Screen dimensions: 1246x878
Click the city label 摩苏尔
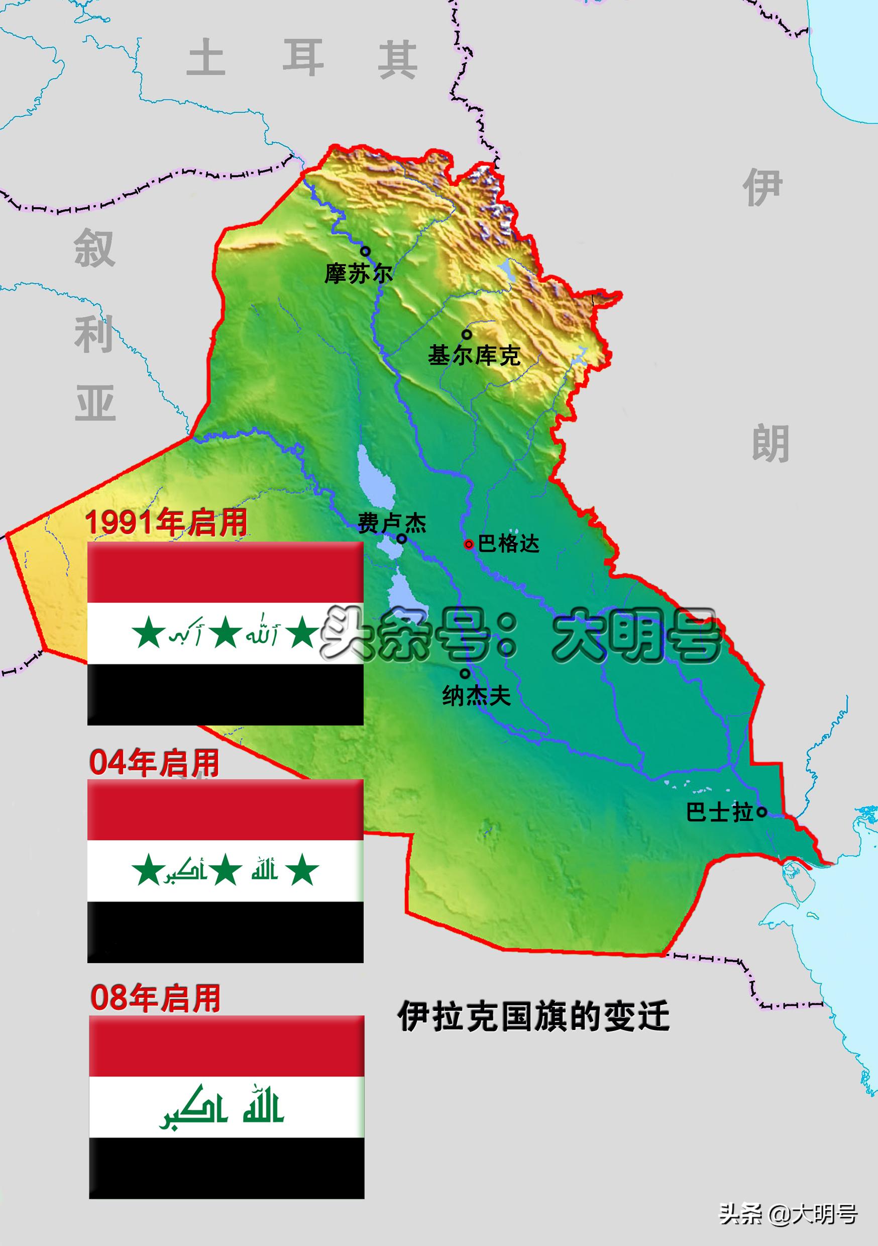pyautogui.click(x=358, y=273)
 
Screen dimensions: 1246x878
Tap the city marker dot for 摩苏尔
pyautogui.click(x=366, y=251)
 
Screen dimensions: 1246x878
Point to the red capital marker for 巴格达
pyautogui.click(x=469, y=544)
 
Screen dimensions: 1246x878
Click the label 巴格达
pyautogui.click(x=508, y=544)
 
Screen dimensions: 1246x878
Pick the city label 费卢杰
pyautogui.click(x=392, y=524)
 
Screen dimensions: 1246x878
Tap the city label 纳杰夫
pyautogui.click(x=477, y=696)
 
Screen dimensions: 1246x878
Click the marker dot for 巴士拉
pyautogui.click(x=762, y=812)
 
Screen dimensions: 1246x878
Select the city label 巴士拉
pyautogui.click(x=720, y=812)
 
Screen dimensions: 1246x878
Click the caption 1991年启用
pyautogui.click(x=166, y=523)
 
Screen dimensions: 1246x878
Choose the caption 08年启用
pyautogui.click(x=155, y=998)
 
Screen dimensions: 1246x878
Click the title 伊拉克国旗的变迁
pyautogui.click(x=533, y=1016)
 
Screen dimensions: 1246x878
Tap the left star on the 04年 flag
pyautogui.click(x=148, y=871)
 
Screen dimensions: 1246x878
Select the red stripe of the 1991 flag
pyautogui.click(x=225, y=572)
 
